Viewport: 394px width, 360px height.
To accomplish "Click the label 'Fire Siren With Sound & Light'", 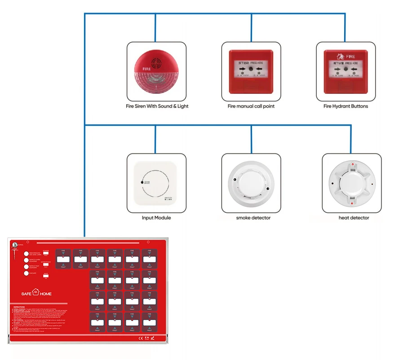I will (x=157, y=106).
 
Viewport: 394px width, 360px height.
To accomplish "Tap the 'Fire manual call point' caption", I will (x=251, y=106).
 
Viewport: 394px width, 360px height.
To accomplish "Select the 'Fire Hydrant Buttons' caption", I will (x=345, y=106).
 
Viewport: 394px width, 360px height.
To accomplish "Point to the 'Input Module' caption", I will (x=156, y=218).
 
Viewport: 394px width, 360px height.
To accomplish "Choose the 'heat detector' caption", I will (x=354, y=218).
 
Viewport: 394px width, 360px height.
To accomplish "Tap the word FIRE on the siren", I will (x=146, y=69).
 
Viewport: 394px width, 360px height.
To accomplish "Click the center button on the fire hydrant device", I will (x=345, y=70).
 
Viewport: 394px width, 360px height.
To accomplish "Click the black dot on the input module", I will (x=142, y=183).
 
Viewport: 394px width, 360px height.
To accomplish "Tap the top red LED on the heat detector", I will (x=352, y=164).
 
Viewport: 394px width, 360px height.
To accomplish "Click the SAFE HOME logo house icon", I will (x=36, y=294).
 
